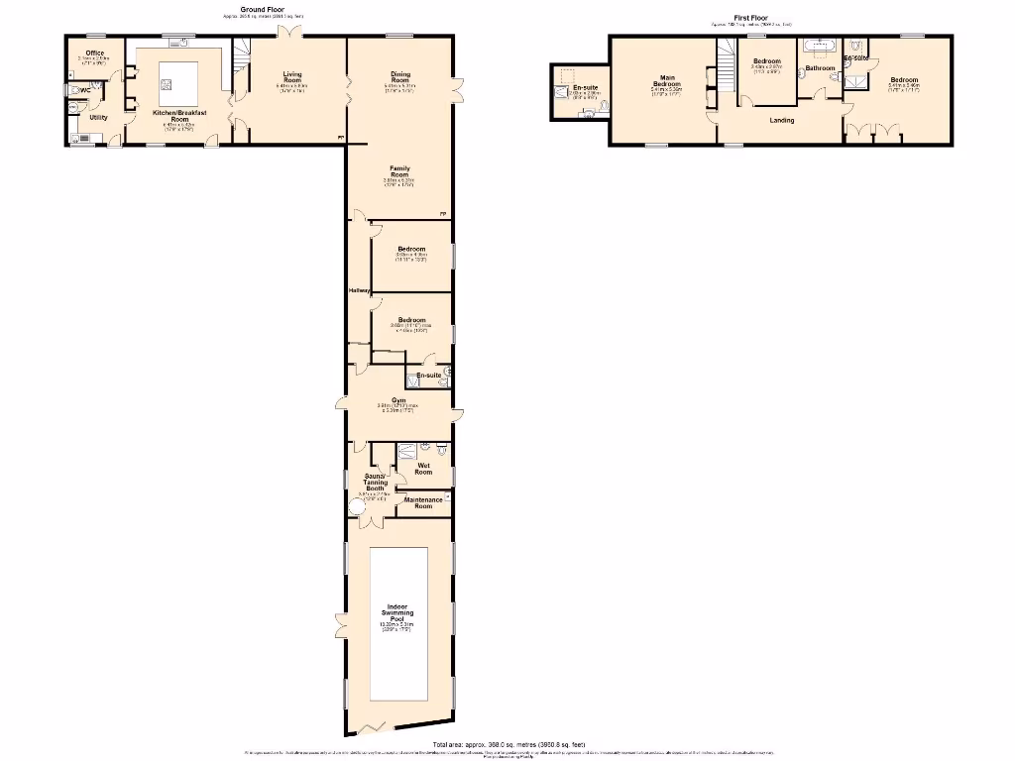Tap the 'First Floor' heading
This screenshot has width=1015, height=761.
pos(750,17)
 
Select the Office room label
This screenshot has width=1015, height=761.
pos(95,53)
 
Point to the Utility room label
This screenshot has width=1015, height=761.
pos(98,117)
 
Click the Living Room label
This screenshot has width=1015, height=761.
pos(291,77)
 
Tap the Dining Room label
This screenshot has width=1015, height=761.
pos(399,77)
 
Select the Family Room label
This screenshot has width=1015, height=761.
pos(399,170)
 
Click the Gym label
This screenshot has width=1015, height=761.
pos(398,400)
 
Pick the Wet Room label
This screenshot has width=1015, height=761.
pos(424,469)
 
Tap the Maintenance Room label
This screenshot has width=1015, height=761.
pos(423,502)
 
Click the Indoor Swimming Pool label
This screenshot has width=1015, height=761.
pos(398,612)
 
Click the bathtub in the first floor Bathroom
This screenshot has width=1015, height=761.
pos(820,47)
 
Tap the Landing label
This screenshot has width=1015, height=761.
pos(781,120)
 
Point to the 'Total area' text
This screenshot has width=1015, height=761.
pos(508,744)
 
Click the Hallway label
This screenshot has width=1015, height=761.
pos(358,290)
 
